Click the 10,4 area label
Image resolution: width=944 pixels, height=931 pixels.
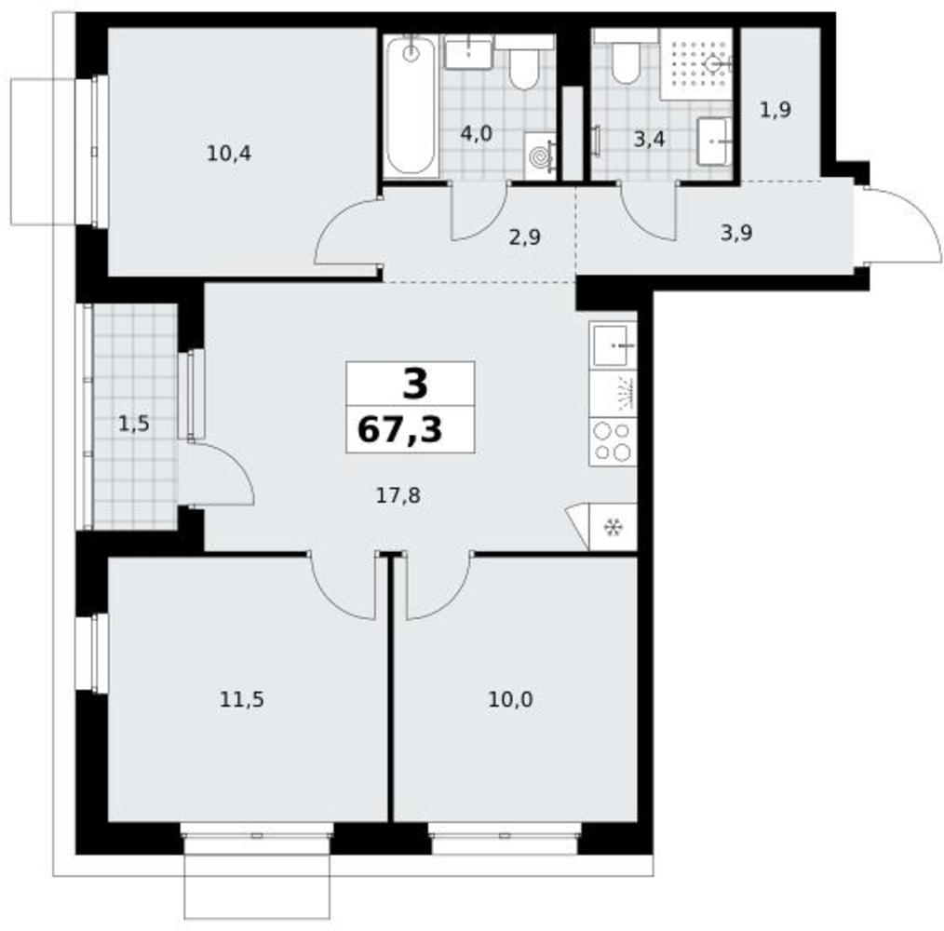point(229,154)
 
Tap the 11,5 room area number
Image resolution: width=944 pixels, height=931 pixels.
point(241,699)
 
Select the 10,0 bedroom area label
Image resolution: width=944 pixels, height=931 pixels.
point(510,699)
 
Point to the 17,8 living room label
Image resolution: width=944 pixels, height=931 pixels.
point(398,495)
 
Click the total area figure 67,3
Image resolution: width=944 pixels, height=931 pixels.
point(399,430)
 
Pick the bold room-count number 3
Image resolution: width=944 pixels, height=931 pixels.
point(415,384)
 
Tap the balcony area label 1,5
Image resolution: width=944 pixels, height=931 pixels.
point(133,424)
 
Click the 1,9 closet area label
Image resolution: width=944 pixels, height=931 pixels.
point(775,110)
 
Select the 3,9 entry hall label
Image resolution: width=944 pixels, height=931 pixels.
point(736,232)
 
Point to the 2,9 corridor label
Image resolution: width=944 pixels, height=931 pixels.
point(524,237)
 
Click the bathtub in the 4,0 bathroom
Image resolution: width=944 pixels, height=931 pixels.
point(411,106)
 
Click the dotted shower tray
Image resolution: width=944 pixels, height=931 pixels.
point(696,64)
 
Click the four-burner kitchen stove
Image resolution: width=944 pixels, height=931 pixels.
point(612,440)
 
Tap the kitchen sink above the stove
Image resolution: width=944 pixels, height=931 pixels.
point(612,345)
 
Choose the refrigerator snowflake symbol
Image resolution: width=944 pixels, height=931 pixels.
point(613,528)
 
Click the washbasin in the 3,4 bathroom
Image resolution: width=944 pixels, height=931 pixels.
point(715,142)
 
